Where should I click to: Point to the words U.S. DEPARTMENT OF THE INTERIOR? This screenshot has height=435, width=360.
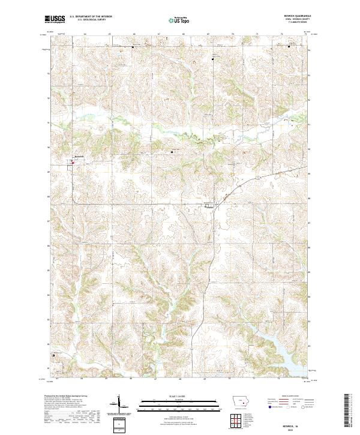[x=91, y=17]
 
